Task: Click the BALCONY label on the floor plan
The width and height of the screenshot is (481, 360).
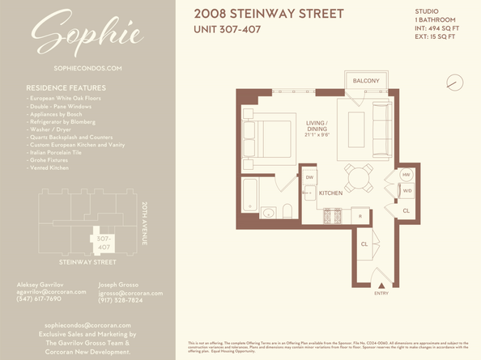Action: pos(369,81)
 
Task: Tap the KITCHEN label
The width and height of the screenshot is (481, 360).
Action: pos(330,193)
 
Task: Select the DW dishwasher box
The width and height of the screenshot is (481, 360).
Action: pos(310,177)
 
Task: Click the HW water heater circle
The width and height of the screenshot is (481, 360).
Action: pos(407,175)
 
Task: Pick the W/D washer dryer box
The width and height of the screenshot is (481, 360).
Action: pos(407,191)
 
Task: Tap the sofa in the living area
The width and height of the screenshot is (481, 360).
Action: pos(381,132)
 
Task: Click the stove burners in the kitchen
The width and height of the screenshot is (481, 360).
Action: pos(331,216)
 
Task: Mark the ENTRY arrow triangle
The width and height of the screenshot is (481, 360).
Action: pos(381,286)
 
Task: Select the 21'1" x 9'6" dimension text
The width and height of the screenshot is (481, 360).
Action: pos(316,136)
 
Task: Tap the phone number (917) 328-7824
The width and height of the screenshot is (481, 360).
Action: pos(120,300)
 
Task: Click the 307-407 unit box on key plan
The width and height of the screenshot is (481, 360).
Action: pos(103,244)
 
